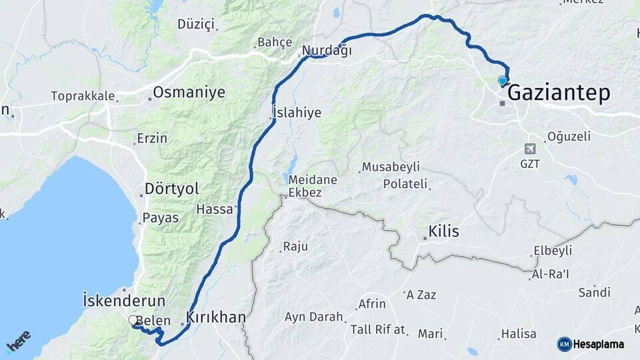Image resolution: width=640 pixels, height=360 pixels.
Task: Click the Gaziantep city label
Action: pos(559,93)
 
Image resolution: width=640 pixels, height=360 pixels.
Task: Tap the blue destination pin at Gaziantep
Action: pos(503,81)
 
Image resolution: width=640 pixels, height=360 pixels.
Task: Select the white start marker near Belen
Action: pos(133,321)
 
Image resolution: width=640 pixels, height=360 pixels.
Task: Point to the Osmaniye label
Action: pos(189,93)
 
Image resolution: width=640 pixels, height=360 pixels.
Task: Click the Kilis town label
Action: pos(444,231)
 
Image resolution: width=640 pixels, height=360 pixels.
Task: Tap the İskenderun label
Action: pos(124,301)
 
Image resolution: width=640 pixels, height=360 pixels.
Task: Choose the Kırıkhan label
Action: pos(215,317)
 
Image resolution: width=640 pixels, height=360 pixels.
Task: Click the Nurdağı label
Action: pos(327,51)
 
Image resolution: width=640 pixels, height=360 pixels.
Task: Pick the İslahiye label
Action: pos(297,113)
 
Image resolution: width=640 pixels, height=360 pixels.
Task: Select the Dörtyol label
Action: pos(172,189)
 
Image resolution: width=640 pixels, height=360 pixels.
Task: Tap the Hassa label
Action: pos(215,209)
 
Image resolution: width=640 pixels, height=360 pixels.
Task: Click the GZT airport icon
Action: pos(530,149)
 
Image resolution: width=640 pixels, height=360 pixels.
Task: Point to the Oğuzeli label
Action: pos(569,137)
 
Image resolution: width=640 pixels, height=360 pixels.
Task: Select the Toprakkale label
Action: pos(83,96)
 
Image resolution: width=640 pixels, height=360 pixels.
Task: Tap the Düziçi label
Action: pos(196,25)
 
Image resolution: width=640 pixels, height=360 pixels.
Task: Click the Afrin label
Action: pos(371,304)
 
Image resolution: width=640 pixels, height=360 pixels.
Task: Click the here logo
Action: pos(18,341)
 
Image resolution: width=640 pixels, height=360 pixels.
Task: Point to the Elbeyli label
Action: pos(553,251)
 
